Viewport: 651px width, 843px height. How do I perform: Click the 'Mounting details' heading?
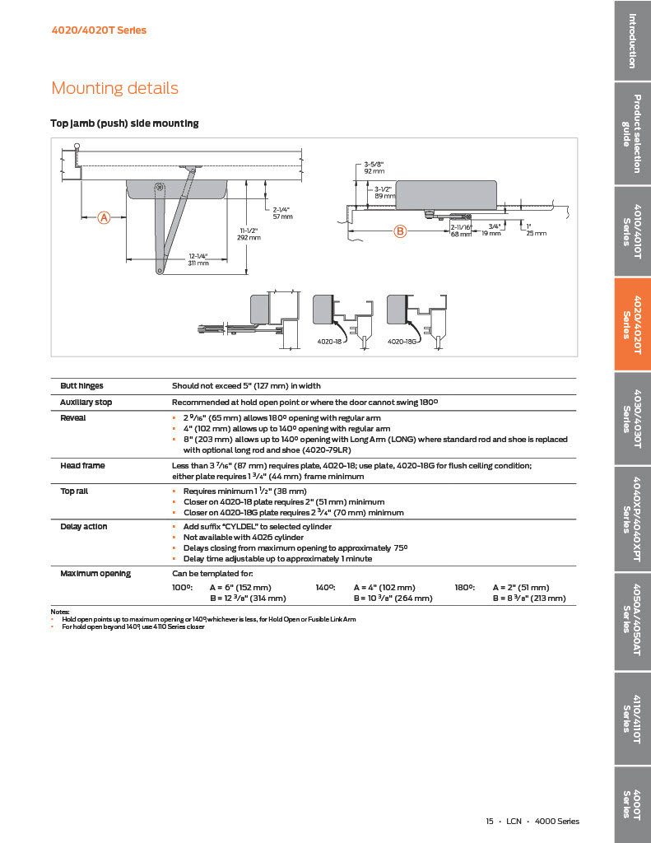pyautogui.click(x=114, y=88)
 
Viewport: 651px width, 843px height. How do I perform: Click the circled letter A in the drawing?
pyautogui.click(x=105, y=217)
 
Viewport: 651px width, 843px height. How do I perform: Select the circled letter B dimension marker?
pyautogui.click(x=401, y=231)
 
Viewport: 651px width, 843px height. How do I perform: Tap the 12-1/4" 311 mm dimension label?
pyautogui.click(x=198, y=259)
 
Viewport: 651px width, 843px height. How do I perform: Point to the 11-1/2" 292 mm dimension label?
pyautogui.click(x=249, y=234)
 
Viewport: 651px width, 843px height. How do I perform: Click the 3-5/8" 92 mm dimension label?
pyautogui.click(x=374, y=168)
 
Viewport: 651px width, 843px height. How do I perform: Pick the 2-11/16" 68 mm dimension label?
pyautogui.click(x=461, y=230)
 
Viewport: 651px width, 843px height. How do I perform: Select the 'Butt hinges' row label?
pyautogui.click(x=81, y=385)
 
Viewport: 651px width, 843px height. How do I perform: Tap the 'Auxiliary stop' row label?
pyautogui.click(x=86, y=402)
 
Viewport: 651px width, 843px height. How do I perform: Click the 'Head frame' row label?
pyautogui.click(x=82, y=466)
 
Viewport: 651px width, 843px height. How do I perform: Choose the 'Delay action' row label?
pyautogui.click(x=84, y=526)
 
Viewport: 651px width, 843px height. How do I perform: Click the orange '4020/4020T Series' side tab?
pyautogui.click(x=632, y=324)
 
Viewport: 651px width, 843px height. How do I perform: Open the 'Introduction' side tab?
pyautogui.click(x=632, y=40)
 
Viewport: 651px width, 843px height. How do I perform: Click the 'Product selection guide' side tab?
pyautogui.click(x=632, y=133)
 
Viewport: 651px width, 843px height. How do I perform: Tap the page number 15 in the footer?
pyautogui.click(x=489, y=821)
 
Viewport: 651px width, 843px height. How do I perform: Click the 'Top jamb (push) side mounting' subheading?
pyautogui.click(x=124, y=123)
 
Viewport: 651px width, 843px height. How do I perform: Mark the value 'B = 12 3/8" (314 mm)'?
pyautogui.click(x=248, y=598)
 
